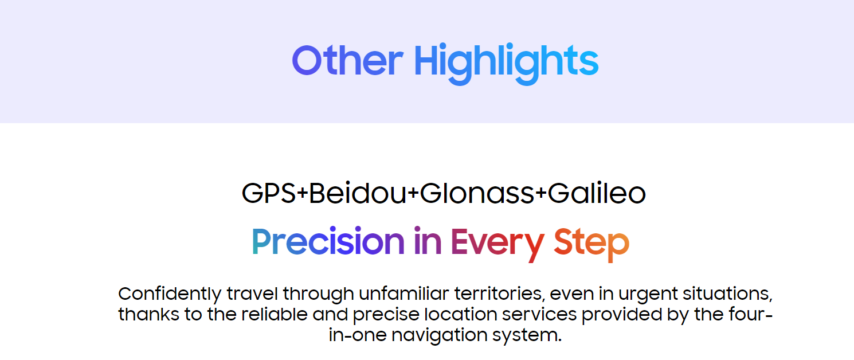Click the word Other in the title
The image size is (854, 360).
pos(347,60)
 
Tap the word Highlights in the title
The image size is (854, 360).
pos(506,63)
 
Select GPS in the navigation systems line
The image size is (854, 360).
pos(269,193)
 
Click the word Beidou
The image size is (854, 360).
pos(358,193)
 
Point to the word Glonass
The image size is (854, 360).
pos(477,193)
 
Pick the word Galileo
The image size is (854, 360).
pos(597,193)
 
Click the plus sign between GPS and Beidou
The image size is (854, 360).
pos(302,193)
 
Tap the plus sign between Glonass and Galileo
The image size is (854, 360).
pos(541,193)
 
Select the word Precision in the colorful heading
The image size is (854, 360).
pos(328,241)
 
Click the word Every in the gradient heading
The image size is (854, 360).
pos(497,244)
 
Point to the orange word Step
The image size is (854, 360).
pos(591,244)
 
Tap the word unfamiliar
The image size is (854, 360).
pos(404,294)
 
